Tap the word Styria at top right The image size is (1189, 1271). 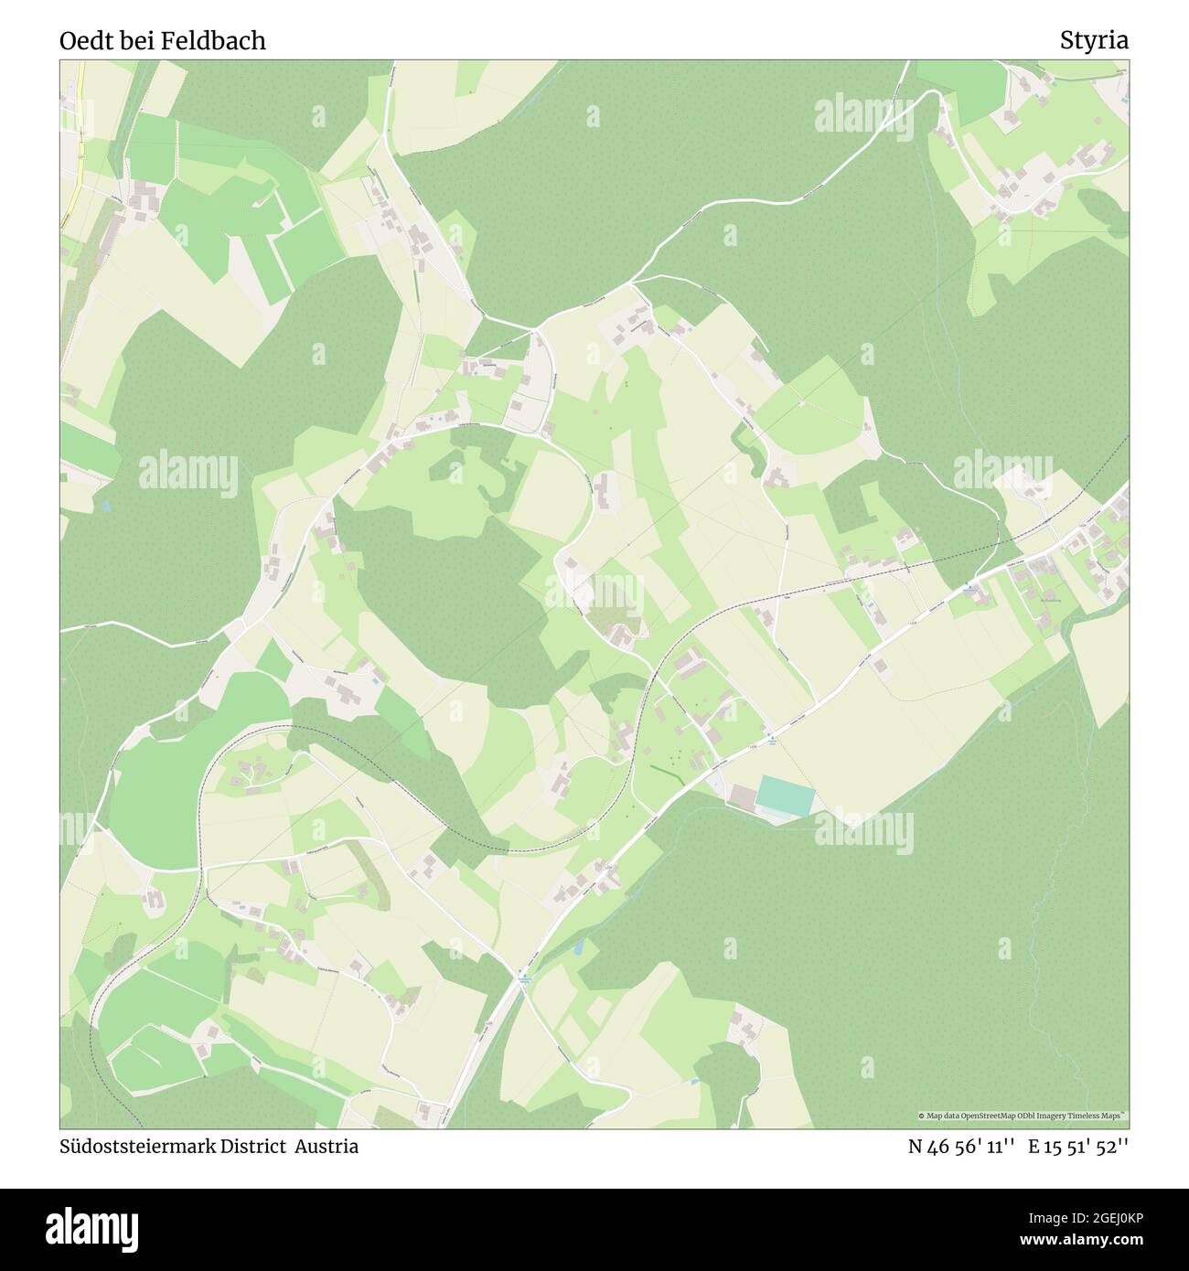[1094, 40]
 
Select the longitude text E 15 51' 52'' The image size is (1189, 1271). [1078, 1147]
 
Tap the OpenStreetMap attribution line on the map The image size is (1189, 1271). [1023, 1116]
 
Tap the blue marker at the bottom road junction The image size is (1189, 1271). [523, 975]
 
